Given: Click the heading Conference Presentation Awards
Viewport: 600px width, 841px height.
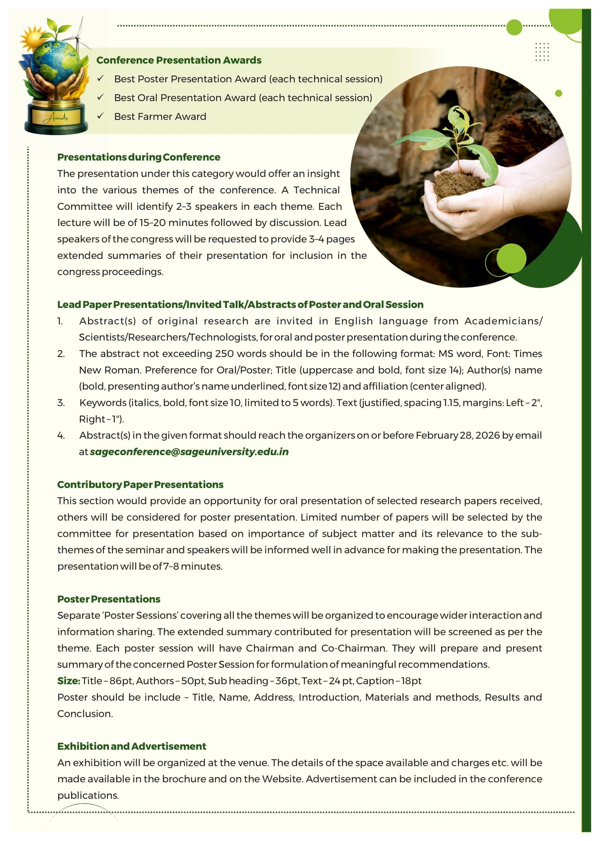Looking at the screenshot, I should coord(178,60).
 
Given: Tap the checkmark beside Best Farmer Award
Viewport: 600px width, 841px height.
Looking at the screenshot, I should coord(100,116).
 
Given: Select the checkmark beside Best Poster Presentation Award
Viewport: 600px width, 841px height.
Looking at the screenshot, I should coord(100,78).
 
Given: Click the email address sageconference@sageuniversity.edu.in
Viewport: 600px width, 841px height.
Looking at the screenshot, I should coord(189,451).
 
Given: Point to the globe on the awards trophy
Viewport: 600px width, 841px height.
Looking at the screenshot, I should coord(54,62).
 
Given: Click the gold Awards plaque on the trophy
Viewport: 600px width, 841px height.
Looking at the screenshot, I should coord(55,117).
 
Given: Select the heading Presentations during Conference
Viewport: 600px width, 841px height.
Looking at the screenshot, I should coord(138,157).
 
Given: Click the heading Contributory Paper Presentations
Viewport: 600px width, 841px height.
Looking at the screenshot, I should coord(140,484).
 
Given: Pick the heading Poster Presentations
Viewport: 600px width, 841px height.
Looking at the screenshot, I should coord(108,599).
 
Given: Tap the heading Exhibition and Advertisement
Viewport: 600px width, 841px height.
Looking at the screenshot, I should coord(131,746).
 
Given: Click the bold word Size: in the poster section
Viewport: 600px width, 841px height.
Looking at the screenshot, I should coord(69,681).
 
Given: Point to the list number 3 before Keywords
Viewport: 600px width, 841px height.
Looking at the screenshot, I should coord(61,403).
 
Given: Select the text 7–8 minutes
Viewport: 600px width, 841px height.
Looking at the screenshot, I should coord(192,566).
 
